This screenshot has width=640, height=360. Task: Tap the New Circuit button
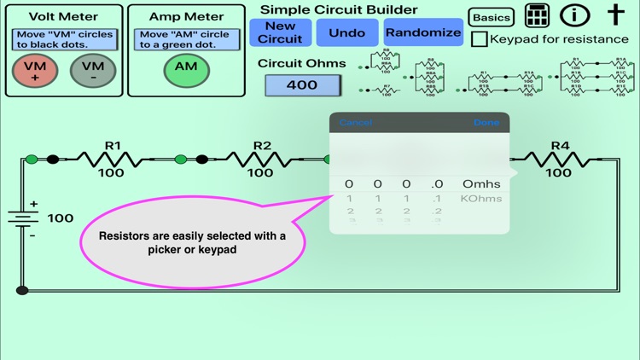[280, 32]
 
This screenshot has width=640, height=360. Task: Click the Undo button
[346, 32]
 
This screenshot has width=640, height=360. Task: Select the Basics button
[492, 18]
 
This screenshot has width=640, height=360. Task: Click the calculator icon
[537, 15]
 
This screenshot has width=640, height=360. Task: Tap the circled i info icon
[575, 15]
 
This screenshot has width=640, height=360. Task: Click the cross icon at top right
[615, 15]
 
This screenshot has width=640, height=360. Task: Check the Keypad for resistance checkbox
[480, 39]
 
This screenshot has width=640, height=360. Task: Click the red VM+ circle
[35, 72]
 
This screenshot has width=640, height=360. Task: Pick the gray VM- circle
[92, 72]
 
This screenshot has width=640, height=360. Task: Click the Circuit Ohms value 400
[302, 85]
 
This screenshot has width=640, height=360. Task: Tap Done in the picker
[486, 123]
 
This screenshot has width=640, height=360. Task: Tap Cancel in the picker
[355, 123]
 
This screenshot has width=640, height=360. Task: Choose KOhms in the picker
[481, 199]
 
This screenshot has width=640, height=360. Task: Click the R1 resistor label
[113, 146]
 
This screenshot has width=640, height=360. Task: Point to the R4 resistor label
[559, 146]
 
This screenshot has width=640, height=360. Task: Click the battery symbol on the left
[23, 218]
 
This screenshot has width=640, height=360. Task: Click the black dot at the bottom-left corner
[23, 290]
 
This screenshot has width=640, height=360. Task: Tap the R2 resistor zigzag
[260, 159]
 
